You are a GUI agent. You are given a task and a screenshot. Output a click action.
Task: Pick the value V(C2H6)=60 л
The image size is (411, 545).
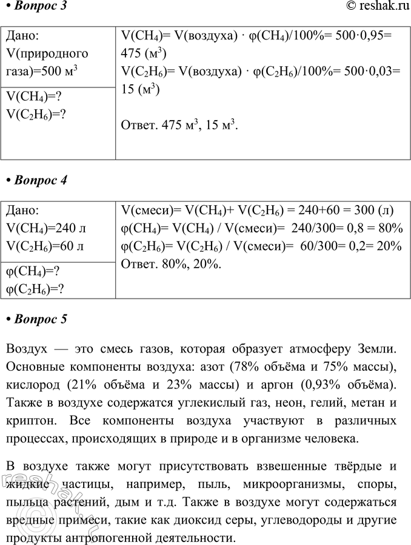tap(45, 246)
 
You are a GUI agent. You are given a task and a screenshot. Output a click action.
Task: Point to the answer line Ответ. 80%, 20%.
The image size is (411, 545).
tap(172, 265)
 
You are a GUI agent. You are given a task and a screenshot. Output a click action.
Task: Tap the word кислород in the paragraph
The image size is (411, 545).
tap(32, 387)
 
